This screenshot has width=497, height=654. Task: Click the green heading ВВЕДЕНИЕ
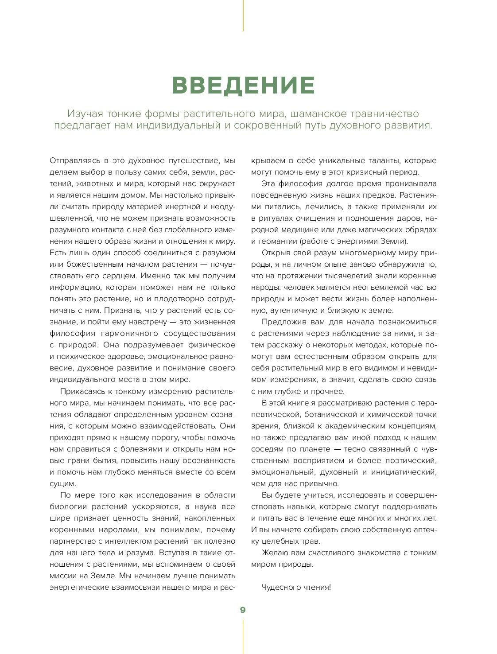[243, 86]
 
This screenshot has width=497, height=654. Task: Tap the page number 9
[243, 610]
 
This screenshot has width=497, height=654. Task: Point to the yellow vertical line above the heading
[243, 16]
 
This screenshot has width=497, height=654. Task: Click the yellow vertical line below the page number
[243, 636]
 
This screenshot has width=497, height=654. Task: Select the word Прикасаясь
[82, 391]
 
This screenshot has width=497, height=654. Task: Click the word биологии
[68, 506]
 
